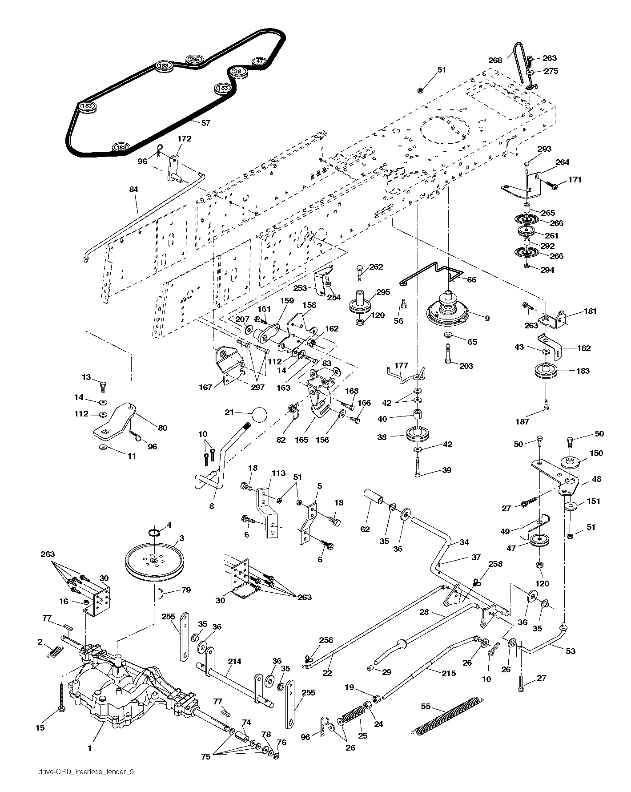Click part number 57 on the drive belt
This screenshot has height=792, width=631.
tap(205, 123)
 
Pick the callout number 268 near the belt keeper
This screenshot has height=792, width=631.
tap(495, 61)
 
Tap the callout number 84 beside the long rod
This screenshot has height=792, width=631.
tap(133, 190)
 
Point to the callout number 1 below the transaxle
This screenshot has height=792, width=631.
tap(89, 748)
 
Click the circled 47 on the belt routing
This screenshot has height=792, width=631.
tap(260, 61)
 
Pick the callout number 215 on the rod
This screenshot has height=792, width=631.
tap(448, 673)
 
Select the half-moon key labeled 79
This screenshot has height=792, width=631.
tap(161, 592)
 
